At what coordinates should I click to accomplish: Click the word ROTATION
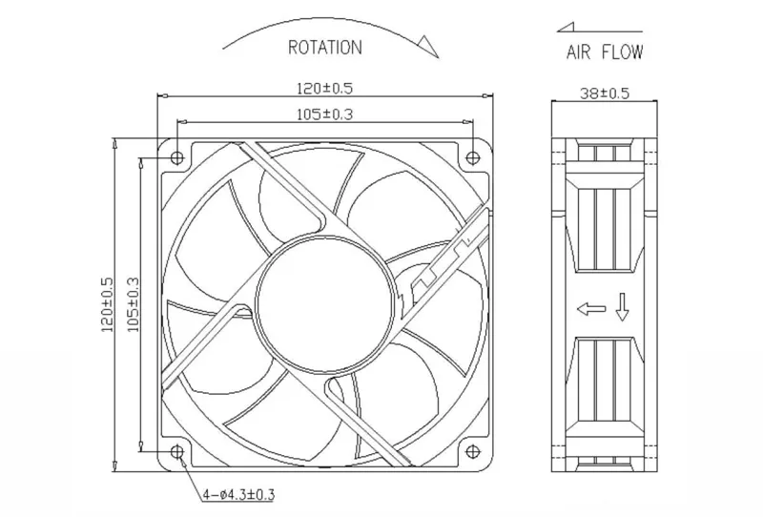pyautogui.click(x=325, y=48)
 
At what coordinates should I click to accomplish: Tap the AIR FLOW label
pyautogui.click(x=605, y=52)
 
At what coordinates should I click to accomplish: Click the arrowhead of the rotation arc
pyautogui.click(x=427, y=46)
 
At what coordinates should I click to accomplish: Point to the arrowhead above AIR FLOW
pyautogui.click(x=566, y=28)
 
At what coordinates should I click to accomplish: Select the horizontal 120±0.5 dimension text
pyautogui.click(x=324, y=88)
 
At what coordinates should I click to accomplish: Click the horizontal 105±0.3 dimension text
pyautogui.click(x=324, y=114)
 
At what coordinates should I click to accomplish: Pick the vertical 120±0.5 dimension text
pyautogui.click(x=107, y=304)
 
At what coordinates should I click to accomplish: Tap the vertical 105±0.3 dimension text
pyautogui.click(x=133, y=304)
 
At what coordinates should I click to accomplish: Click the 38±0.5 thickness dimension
pyautogui.click(x=605, y=93)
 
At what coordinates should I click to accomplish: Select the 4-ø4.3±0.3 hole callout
pyautogui.click(x=238, y=495)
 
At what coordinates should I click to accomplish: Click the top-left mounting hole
pyautogui.click(x=177, y=157)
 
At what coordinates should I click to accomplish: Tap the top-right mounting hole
pyautogui.click(x=472, y=157)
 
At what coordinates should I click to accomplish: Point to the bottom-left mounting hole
pyautogui.click(x=177, y=452)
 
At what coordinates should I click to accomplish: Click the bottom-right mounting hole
pyautogui.click(x=472, y=452)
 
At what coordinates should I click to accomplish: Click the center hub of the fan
pyautogui.click(x=324, y=305)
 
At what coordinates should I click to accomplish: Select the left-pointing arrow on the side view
pyautogui.click(x=591, y=309)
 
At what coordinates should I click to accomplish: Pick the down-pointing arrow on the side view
pyautogui.click(x=623, y=307)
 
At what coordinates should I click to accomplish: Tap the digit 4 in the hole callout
pyautogui.click(x=207, y=495)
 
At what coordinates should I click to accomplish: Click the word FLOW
pyautogui.click(x=623, y=52)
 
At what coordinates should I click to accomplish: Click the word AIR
pyautogui.click(x=579, y=52)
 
